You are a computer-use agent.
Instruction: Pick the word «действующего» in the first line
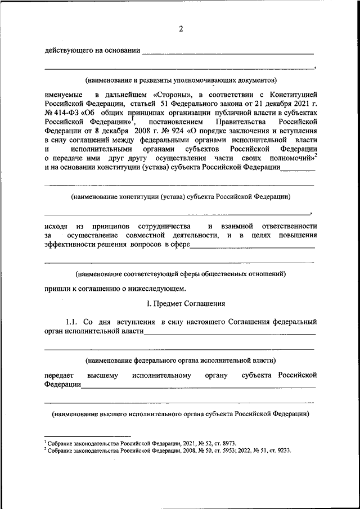pos(67,51)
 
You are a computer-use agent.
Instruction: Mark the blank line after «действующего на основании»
pos(227,53)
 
